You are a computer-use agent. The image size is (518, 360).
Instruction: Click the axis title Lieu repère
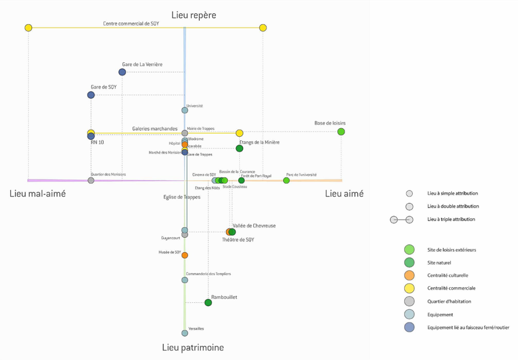click(194, 15)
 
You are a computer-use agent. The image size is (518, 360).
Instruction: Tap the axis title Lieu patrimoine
click(193, 347)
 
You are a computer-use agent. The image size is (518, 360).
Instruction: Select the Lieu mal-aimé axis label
click(37, 193)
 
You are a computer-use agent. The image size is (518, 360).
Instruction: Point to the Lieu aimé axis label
click(344, 193)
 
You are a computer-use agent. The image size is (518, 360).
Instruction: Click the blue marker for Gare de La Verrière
click(122, 72)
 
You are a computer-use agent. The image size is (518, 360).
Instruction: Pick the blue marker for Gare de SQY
click(91, 95)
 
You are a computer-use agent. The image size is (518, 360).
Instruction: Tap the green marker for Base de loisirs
click(341, 132)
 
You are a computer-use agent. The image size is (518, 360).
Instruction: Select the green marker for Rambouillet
click(208, 303)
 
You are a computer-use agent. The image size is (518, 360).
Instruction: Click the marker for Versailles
click(185, 333)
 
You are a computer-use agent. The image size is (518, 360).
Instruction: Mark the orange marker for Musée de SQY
click(185, 255)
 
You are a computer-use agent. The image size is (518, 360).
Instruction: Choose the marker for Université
click(185, 110)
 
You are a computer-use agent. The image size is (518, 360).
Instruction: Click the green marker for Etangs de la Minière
click(239, 148)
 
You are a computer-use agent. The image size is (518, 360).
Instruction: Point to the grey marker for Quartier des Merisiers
click(91, 180)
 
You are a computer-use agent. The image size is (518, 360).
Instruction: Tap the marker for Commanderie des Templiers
click(185, 280)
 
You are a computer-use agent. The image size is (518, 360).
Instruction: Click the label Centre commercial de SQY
click(131, 24)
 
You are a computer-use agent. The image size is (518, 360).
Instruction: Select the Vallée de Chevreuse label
click(254, 226)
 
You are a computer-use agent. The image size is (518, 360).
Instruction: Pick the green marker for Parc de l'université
click(286, 180)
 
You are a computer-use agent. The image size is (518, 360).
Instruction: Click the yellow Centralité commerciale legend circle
click(409, 288)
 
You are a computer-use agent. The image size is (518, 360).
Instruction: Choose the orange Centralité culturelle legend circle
click(409, 275)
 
